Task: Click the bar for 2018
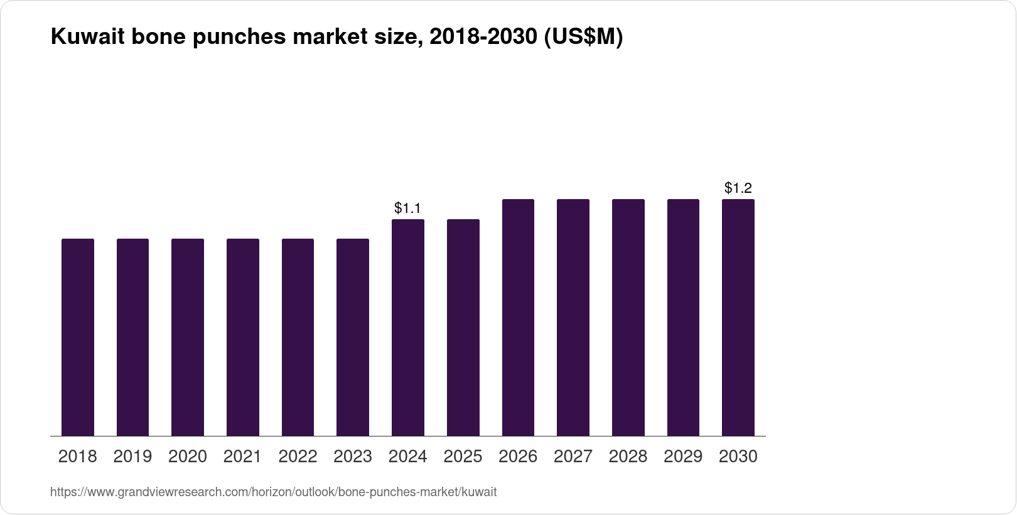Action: [78, 337]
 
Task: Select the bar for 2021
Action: [243, 337]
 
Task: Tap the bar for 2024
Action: [408, 327]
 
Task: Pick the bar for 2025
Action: [463, 327]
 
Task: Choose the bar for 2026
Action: [518, 317]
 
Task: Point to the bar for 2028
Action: [628, 317]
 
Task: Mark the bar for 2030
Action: [738, 317]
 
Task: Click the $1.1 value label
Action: [407, 208]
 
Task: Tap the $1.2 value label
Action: [738, 188]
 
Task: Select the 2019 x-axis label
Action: [132, 457]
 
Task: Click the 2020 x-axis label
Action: [188, 457]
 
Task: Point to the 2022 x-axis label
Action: [298, 457]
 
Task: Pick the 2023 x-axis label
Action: [353, 457]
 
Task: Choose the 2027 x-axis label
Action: [573, 457]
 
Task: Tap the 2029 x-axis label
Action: [683, 457]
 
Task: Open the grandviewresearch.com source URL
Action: [273, 492]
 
